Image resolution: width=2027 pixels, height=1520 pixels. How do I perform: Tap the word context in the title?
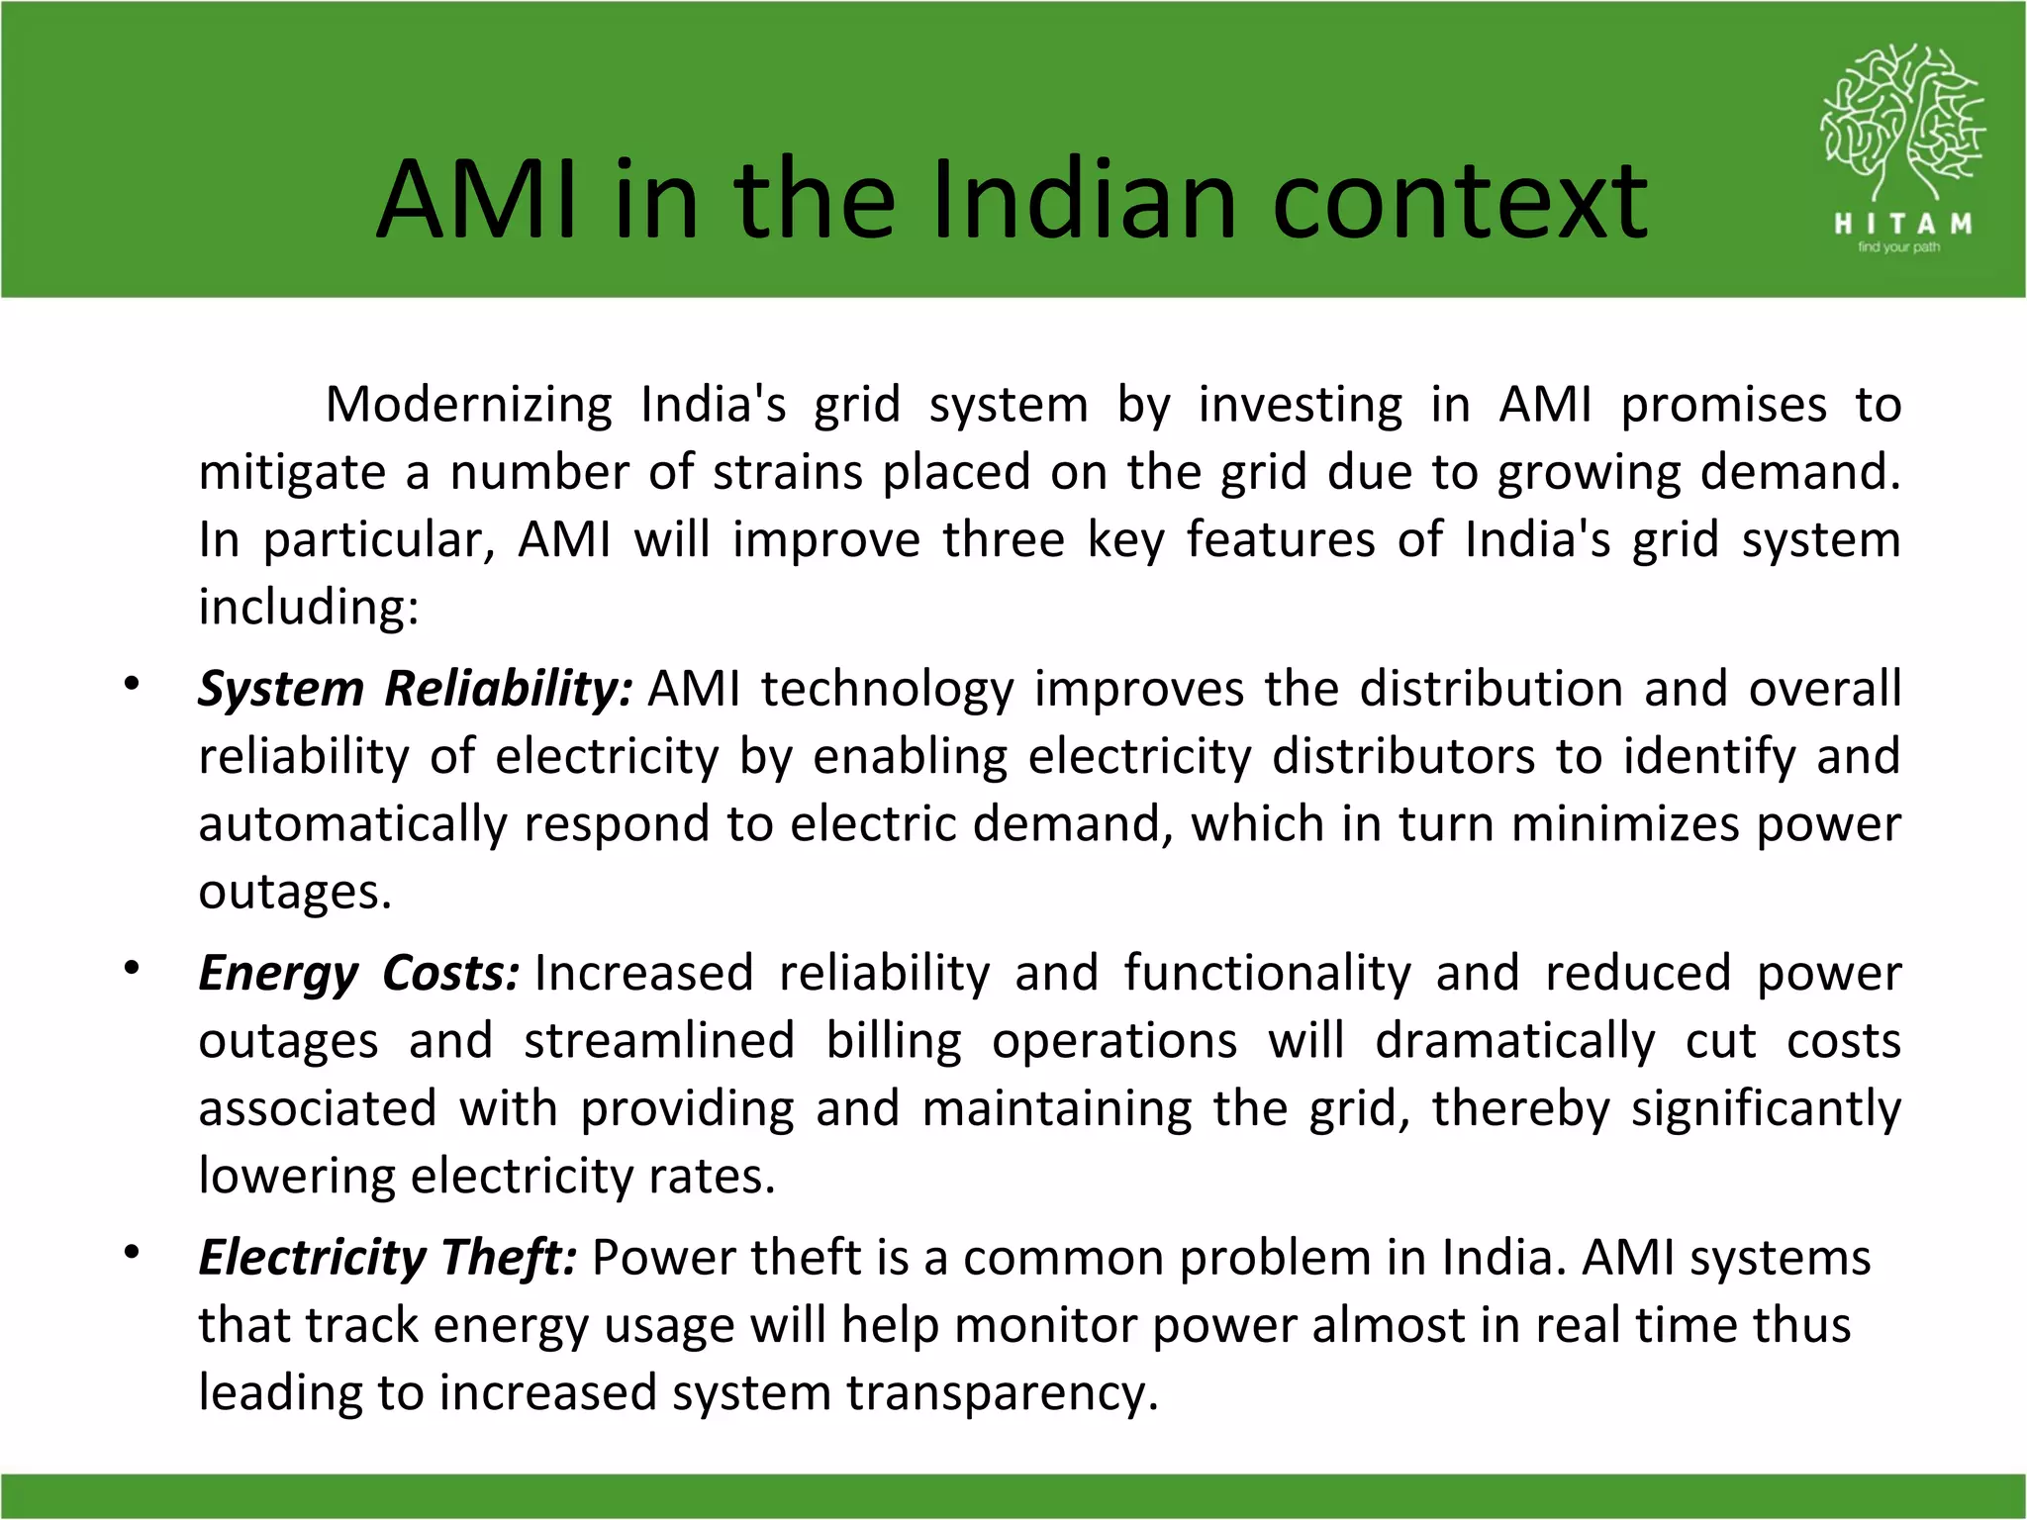coord(1460,202)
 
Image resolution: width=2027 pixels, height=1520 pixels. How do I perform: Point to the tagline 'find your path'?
coord(1898,247)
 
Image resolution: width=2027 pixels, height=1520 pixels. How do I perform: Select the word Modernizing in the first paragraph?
coord(469,405)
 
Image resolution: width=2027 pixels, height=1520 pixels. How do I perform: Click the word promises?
coord(1723,405)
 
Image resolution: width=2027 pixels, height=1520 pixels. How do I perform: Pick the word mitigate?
coord(292,473)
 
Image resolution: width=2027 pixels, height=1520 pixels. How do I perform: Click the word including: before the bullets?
coord(309,607)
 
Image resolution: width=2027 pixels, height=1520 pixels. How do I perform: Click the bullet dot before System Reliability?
coord(132,684)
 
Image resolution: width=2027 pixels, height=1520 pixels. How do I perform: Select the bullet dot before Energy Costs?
coord(132,968)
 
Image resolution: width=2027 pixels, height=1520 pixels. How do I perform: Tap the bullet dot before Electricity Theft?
coord(132,1253)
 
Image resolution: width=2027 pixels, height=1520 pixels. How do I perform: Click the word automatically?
coord(352,824)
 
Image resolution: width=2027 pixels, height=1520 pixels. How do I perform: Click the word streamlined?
coord(659,1041)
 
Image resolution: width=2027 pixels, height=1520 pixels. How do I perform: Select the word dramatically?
coord(1514,1041)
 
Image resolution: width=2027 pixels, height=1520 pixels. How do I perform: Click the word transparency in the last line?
coord(1001,1393)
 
